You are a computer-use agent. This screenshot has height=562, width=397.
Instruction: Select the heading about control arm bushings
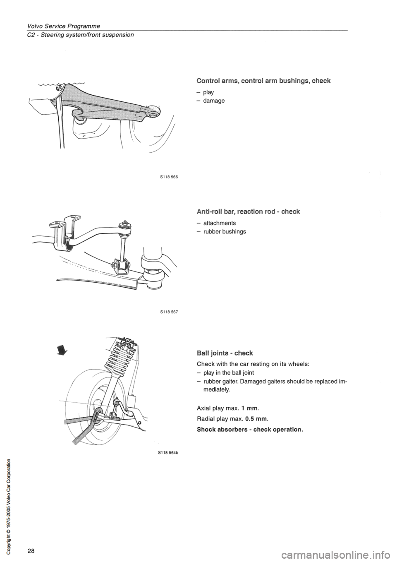pyautogui.click(x=263, y=81)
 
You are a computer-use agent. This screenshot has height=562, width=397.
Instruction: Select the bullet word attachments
pyautogui.click(x=219, y=223)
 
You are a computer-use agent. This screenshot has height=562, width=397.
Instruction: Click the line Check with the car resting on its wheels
pyautogui.click(x=253, y=364)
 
